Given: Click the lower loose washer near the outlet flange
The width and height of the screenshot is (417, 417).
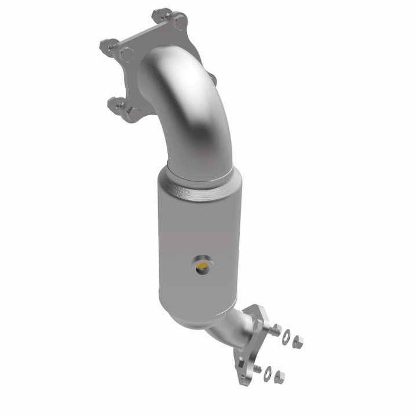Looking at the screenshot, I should point(268,374).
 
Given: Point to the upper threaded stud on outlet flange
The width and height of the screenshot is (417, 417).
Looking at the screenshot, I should point(275,330).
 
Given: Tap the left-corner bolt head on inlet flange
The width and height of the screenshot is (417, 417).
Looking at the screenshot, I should point(126,54).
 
